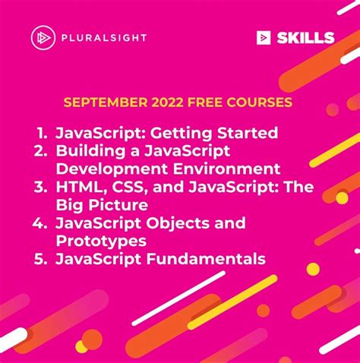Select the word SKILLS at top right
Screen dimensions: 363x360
pos(306,37)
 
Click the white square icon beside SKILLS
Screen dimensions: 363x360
pos(264,37)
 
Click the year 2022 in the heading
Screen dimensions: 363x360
pos(153,102)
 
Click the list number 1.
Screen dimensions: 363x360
pos(43,133)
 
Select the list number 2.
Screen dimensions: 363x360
pos(42,151)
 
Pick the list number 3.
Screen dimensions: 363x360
pos(42,187)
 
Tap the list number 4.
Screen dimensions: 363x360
pos(42,223)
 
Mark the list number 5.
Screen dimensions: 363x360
pos(42,260)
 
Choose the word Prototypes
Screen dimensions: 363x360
pos(100,241)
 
